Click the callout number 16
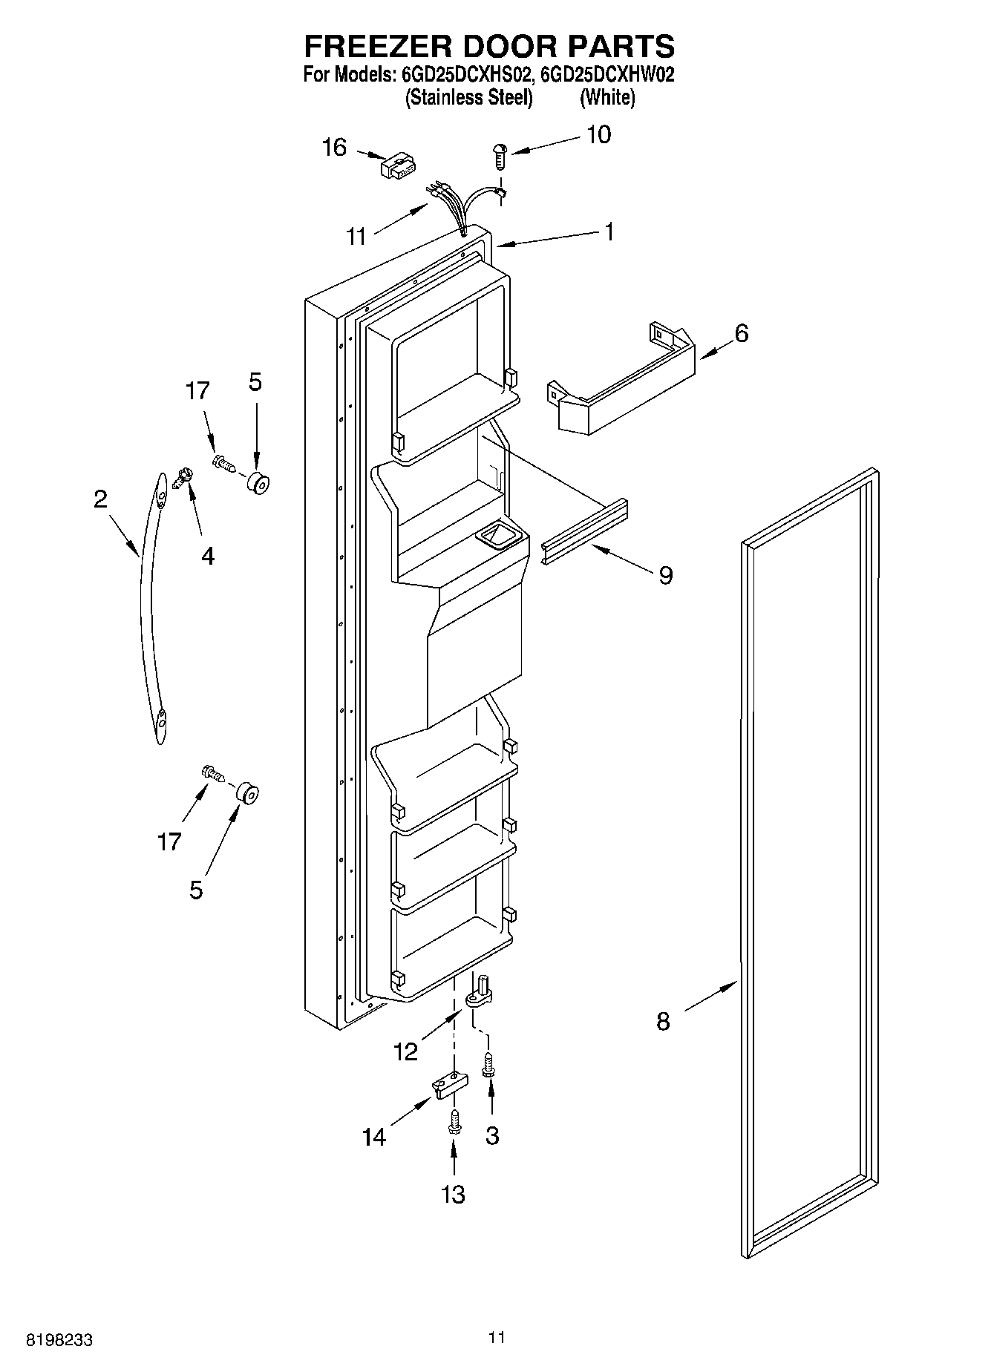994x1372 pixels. click(x=334, y=148)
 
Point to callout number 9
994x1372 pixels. click(x=666, y=574)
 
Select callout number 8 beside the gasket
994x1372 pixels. click(x=663, y=1022)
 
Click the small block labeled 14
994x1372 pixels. click(x=451, y=1086)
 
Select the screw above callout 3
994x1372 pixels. click(x=489, y=1065)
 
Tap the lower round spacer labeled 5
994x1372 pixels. click(x=246, y=793)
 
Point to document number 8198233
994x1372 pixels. click(x=59, y=1340)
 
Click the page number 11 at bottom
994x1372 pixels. click(x=497, y=1337)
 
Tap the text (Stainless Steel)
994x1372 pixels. click(x=468, y=98)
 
